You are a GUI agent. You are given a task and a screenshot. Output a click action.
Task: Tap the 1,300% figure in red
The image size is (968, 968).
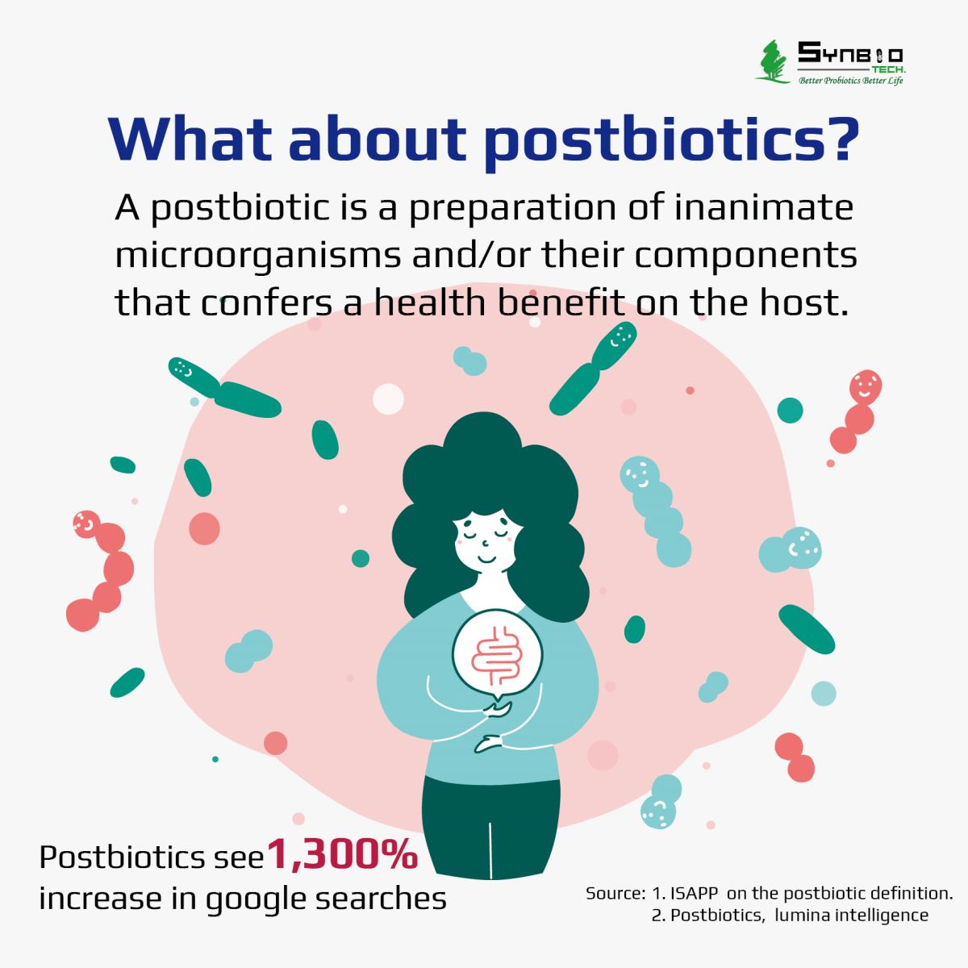click(x=342, y=854)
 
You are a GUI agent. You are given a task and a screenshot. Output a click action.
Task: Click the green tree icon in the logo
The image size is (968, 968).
click(x=773, y=61)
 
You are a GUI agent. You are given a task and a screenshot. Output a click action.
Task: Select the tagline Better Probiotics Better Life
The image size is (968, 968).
click(x=851, y=81)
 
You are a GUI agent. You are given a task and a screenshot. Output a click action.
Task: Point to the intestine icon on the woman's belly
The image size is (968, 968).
click(x=497, y=655)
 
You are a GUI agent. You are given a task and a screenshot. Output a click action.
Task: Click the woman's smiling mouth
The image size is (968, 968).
click(x=486, y=559)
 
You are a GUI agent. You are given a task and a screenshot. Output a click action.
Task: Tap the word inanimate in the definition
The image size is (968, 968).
click(x=764, y=208)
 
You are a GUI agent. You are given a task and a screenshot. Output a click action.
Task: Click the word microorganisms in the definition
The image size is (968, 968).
click(x=258, y=256)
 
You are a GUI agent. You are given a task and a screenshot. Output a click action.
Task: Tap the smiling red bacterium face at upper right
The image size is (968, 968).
click(x=866, y=387)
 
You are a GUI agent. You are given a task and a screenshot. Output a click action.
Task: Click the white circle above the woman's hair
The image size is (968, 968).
click(x=388, y=399)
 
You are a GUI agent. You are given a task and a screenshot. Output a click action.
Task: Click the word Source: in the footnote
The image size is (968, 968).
click(x=615, y=894)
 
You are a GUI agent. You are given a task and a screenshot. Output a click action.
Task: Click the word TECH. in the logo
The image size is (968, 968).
click(x=889, y=69)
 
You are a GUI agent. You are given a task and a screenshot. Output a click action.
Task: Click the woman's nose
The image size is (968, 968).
click(x=485, y=543)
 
